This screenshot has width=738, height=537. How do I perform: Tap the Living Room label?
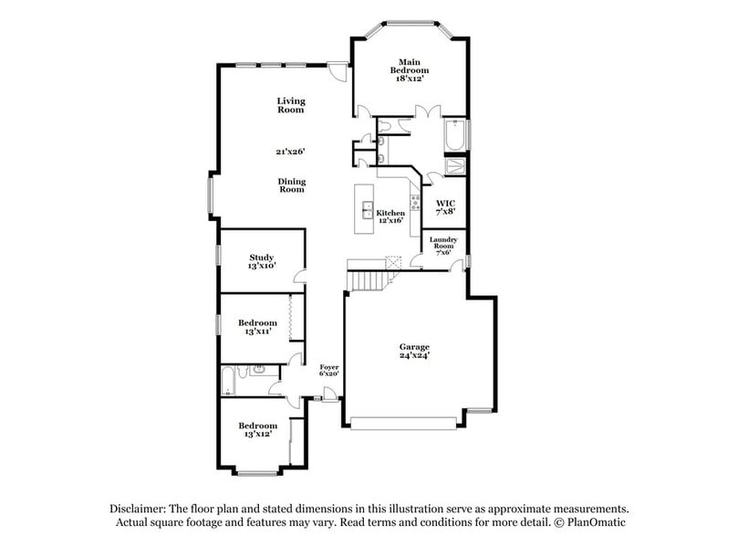[x=291, y=105]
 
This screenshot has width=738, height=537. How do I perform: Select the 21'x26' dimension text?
[x=291, y=152]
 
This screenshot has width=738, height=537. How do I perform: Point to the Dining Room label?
[x=291, y=185]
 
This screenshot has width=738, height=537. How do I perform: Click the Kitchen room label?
[x=390, y=213]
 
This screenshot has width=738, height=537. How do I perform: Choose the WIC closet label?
[x=445, y=203]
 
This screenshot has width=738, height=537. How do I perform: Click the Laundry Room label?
[x=443, y=243]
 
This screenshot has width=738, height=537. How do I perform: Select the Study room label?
[x=262, y=258]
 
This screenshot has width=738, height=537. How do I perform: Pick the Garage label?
[x=414, y=347]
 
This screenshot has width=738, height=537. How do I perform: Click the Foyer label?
[x=328, y=366]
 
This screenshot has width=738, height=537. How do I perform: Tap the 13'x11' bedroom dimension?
[x=257, y=332]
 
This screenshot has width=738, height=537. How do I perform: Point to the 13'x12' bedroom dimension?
[x=257, y=435]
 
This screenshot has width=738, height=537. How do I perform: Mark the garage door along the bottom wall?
[x=406, y=423]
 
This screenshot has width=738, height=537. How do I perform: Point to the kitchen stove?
[x=414, y=203]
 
